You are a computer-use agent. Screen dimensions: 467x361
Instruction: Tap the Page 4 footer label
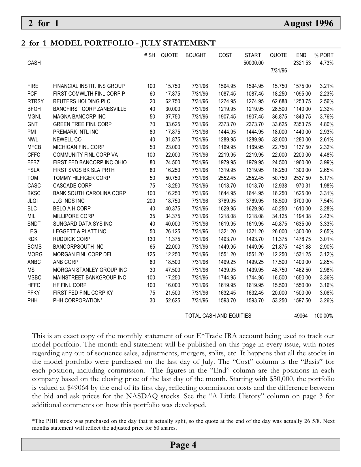[183, 445]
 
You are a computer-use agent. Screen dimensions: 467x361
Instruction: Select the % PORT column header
[324, 55]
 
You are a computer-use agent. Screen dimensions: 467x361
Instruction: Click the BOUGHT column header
[196, 55]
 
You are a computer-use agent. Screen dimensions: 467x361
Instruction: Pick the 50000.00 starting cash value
[253, 63]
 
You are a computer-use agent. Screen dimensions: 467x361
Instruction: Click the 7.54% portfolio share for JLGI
[326, 201]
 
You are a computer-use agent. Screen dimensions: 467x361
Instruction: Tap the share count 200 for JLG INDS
[151, 201]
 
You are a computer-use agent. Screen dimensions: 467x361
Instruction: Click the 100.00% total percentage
[324, 316]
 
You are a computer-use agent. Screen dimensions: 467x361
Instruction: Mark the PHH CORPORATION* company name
[78, 301]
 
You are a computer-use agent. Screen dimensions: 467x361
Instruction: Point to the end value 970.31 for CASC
[303, 186]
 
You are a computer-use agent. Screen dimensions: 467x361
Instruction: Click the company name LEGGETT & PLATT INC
[80, 232]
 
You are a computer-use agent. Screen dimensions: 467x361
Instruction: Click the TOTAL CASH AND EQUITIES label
[218, 316]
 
